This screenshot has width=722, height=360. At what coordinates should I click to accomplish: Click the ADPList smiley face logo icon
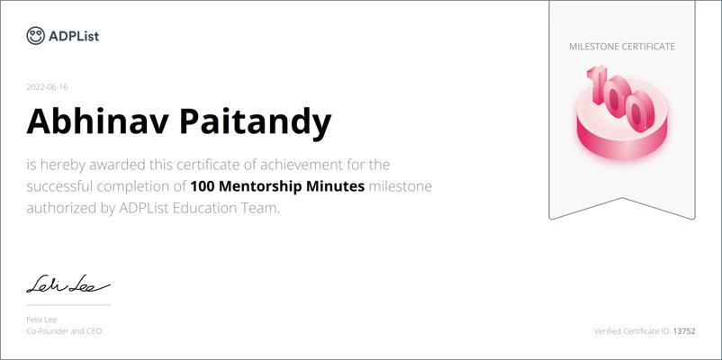(x=35, y=35)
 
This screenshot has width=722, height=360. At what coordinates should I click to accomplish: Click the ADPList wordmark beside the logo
(x=74, y=36)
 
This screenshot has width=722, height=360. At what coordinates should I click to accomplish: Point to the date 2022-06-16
(x=47, y=87)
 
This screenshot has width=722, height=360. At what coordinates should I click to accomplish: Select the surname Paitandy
(x=256, y=122)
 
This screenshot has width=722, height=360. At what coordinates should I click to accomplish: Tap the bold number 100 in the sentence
(x=202, y=186)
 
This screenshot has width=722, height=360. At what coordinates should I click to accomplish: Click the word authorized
(x=61, y=209)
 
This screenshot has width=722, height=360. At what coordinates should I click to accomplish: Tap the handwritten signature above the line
(x=68, y=284)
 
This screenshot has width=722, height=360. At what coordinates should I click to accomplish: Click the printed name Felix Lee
(x=41, y=319)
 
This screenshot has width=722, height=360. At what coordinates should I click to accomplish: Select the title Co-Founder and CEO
(x=64, y=331)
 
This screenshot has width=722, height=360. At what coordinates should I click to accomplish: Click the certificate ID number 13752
(x=684, y=331)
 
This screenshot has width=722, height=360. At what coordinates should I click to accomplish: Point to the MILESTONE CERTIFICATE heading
(x=622, y=47)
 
